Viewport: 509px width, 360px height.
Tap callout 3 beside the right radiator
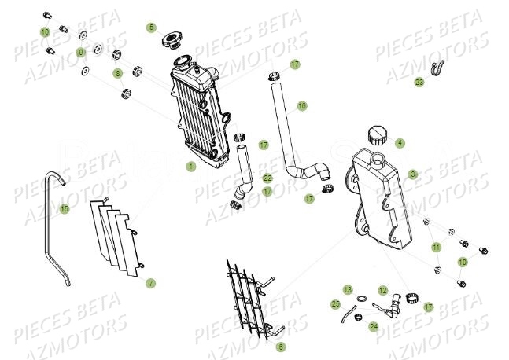click(412, 174)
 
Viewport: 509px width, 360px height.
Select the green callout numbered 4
click(400, 143)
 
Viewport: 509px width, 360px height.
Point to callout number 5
click(151, 28)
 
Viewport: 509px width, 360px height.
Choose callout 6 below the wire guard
click(282, 346)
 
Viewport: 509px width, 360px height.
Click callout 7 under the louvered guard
click(151, 282)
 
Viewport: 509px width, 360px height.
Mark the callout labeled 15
click(65, 208)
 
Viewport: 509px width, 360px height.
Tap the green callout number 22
click(267, 178)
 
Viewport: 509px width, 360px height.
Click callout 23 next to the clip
click(419, 82)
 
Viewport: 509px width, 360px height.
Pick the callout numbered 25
click(334, 303)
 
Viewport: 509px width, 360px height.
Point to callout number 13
click(347, 290)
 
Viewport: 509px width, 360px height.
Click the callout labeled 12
click(383, 291)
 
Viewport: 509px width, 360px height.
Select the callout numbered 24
click(373, 326)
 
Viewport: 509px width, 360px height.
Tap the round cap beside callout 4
click(377, 135)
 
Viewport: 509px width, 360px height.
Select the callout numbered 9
click(81, 52)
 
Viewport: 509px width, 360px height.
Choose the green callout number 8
click(119, 74)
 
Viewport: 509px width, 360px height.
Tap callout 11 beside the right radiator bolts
click(435, 248)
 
